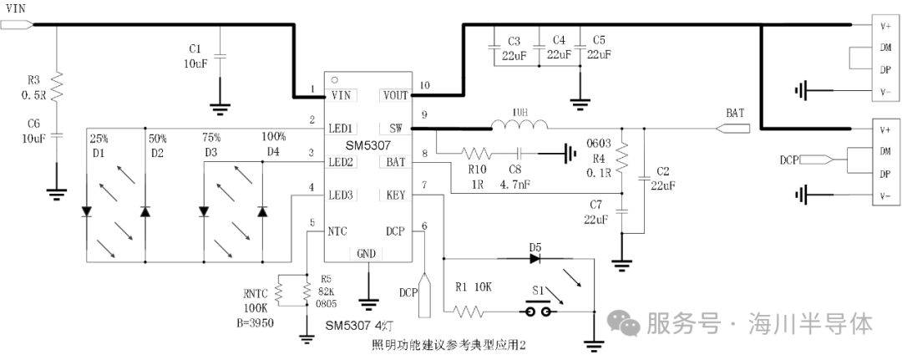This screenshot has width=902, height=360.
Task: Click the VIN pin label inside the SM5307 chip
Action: tap(341, 95)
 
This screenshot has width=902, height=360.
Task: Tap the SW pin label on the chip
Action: tap(396, 129)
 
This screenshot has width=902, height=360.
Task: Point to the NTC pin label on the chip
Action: tap(338, 230)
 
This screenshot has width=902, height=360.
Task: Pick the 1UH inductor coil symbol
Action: tap(519, 127)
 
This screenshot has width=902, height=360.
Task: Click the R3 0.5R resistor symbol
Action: tap(58, 86)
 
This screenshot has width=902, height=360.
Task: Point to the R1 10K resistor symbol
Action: tap(469, 312)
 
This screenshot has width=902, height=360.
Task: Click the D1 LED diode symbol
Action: tap(87, 211)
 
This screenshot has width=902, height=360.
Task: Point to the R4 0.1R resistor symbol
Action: tap(621, 155)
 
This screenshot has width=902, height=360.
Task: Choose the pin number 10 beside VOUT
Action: tap(424, 85)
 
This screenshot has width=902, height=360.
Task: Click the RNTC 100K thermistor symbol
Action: tap(281, 292)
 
